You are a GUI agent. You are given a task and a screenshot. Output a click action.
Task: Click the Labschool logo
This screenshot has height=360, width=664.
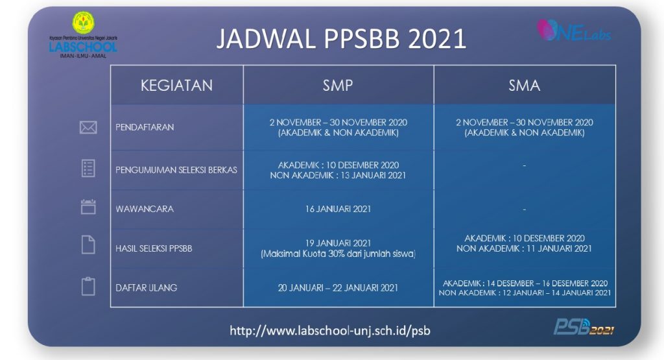point(83,36)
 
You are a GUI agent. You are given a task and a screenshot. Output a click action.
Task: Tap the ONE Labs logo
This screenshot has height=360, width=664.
point(573,30)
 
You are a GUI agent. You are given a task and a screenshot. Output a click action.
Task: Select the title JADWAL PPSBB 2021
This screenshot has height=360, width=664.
point(341,39)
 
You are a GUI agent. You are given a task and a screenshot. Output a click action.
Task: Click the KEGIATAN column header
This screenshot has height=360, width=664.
point(176,85)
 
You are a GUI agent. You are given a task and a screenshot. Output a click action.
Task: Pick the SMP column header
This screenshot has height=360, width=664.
point(338,85)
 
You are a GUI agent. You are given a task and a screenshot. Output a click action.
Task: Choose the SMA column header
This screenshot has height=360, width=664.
point(524,85)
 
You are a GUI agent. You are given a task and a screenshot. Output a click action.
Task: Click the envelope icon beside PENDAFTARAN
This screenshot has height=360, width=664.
point(88,128)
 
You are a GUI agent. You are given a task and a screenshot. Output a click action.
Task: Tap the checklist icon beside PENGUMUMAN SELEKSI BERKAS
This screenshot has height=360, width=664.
point(88,169)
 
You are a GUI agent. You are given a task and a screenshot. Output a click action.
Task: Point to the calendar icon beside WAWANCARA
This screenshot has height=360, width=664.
point(88,207)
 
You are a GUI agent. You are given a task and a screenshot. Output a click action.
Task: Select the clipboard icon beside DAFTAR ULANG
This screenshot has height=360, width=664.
point(88,286)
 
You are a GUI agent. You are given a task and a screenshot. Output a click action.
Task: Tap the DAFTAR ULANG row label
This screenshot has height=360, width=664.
point(146,287)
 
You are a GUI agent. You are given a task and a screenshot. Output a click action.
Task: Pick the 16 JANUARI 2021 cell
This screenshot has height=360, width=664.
point(338,209)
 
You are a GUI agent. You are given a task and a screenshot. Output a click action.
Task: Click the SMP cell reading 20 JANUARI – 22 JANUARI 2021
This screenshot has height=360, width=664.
point(338,287)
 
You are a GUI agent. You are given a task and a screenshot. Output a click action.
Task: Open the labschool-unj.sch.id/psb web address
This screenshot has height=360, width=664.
point(330,331)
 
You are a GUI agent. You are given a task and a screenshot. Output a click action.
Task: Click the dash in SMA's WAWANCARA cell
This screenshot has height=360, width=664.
point(524,210)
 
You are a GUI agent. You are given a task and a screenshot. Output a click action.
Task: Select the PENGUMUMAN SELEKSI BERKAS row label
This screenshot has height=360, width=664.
point(176,170)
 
